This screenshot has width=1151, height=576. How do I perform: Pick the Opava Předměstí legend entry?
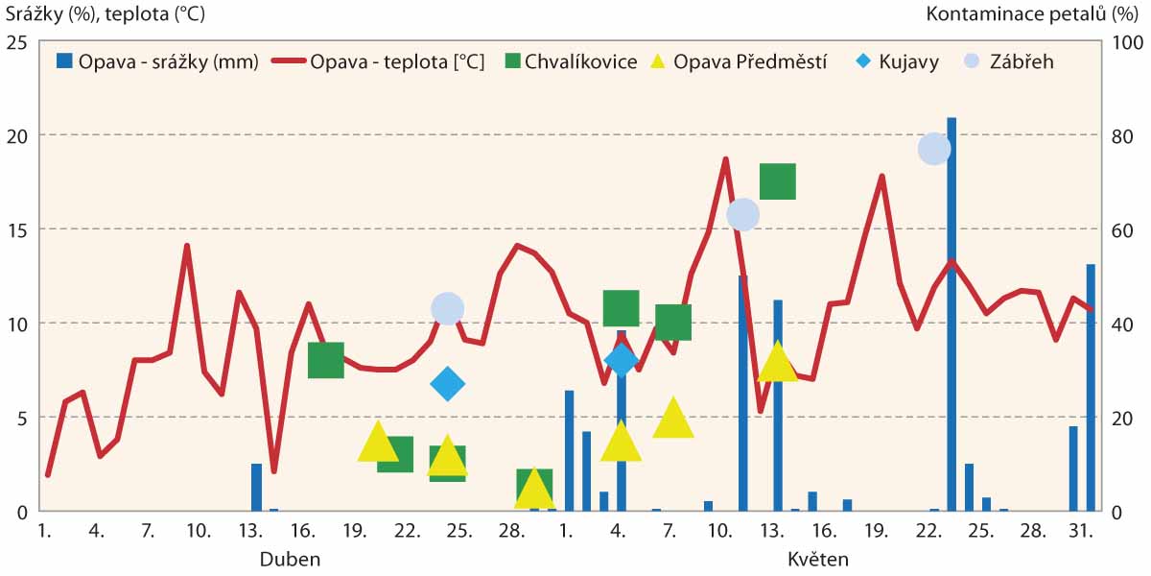[735, 61]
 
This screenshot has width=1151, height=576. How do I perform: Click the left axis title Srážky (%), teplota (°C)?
[105, 14]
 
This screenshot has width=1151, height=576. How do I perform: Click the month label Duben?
[290, 559]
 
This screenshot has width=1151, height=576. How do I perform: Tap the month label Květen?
[818, 559]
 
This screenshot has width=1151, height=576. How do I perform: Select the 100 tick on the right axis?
[1124, 43]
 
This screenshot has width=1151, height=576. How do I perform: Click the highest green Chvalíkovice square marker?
[778, 181]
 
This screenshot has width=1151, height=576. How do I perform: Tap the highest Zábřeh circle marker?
[934, 149]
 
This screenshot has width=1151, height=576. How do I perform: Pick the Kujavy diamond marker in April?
[447, 384]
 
